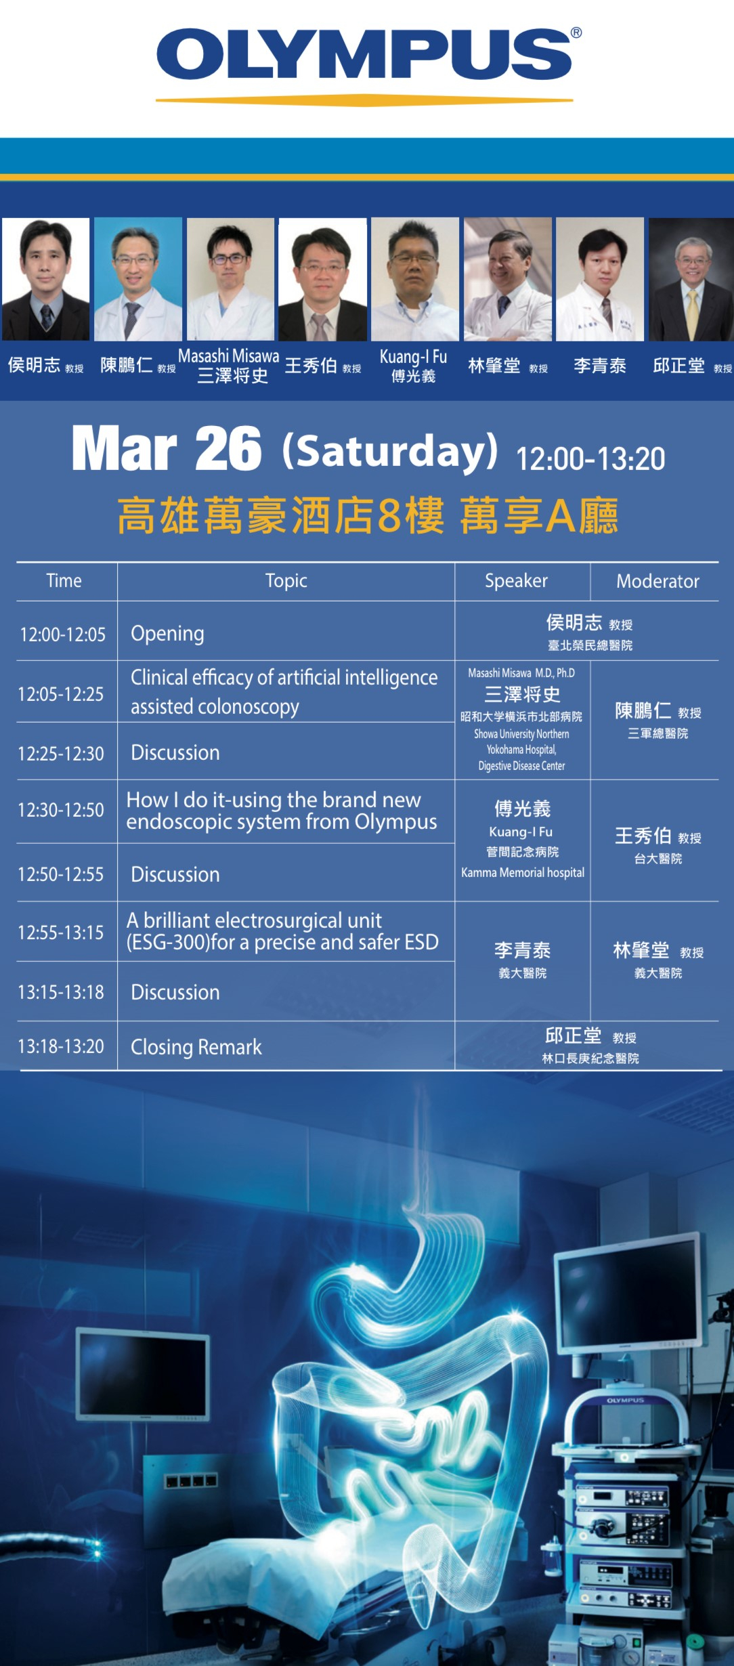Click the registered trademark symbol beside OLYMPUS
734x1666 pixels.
pos(576,33)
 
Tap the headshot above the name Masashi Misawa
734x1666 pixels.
pos(230,279)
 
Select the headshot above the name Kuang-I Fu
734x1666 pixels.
pos(415,279)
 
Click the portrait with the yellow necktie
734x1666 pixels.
pos(691,279)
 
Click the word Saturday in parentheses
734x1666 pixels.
pos(390,450)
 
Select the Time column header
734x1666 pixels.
pos(64,580)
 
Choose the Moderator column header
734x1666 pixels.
pos(657,581)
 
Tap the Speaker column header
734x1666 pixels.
pos(516,581)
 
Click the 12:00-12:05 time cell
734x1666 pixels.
pos(63,635)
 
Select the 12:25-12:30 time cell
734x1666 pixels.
pos(61,754)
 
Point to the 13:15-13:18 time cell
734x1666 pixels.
pos(61,992)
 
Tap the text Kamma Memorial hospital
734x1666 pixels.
pos(523,872)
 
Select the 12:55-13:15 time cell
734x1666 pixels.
pos(61,933)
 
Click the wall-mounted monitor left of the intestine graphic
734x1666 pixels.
pos(143,1374)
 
